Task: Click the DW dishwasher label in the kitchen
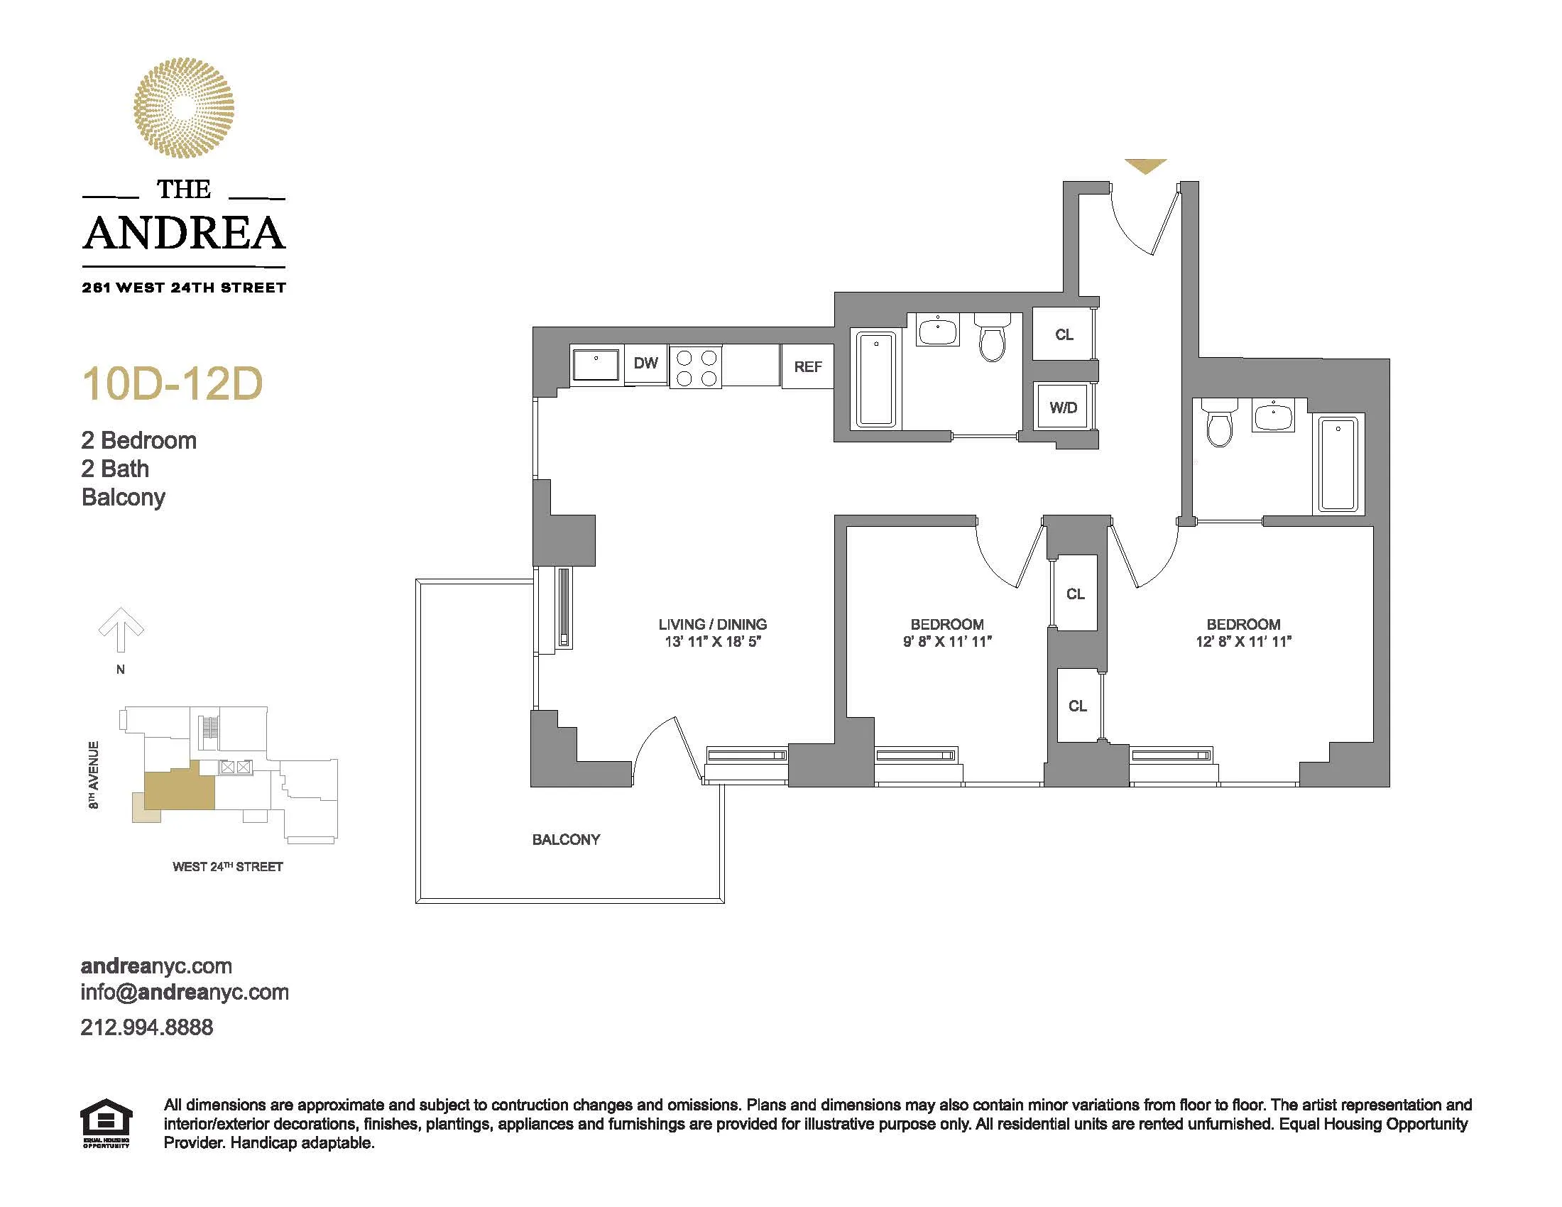coord(645,364)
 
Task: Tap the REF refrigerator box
coord(807,367)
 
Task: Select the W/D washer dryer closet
coord(1063,408)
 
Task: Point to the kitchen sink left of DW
coord(596,365)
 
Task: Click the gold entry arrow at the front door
coord(1145,166)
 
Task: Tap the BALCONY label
coord(566,839)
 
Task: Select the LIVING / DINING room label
coord(712,624)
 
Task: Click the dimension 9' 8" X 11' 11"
coord(947,642)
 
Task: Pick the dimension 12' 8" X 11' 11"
coord(1243,642)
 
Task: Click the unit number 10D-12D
coord(173,384)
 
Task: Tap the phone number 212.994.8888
coord(147,1027)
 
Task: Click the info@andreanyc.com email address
coord(185,993)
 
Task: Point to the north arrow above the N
coord(121,629)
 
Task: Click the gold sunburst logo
coord(184,108)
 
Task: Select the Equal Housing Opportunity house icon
coord(106,1123)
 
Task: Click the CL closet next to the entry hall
coord(1064,334)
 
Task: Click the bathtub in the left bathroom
coord(875,379)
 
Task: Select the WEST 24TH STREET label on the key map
coord(227,867)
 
